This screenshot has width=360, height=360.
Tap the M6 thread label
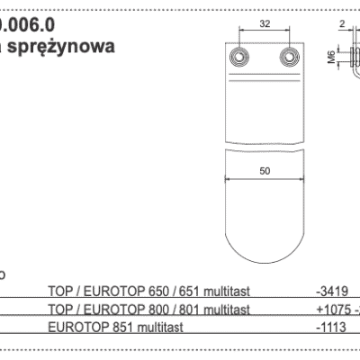click(331, 59)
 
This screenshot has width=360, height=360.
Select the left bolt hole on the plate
click(240, 58)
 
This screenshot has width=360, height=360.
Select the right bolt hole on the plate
click(288, 58)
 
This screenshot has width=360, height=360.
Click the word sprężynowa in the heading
click(65, 47)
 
